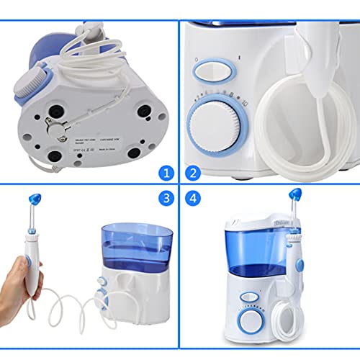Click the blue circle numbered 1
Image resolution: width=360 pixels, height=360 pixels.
point(166,173)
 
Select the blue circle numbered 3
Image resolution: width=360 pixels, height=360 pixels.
point(166,197)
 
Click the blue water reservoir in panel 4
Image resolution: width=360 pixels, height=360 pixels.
point(248,248)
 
